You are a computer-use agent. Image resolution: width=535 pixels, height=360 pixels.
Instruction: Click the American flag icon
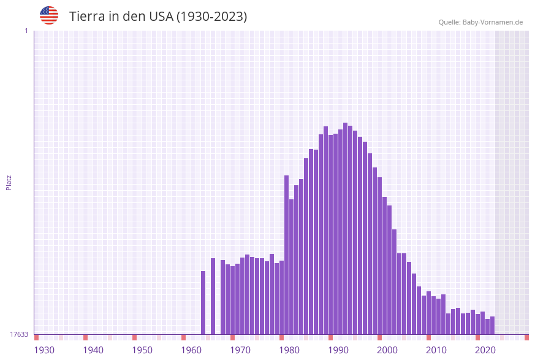pos(49,15)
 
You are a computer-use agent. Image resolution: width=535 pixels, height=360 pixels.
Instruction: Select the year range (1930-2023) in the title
pos(211,17)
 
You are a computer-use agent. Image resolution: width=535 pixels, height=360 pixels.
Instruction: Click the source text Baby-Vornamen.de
pos(492,22)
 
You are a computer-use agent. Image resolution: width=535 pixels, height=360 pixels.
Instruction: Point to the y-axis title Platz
pos(9,182)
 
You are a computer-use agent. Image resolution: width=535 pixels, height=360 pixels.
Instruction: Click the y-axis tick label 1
pos(26,31)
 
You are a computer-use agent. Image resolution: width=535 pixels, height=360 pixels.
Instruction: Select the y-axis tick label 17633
pos(19,334)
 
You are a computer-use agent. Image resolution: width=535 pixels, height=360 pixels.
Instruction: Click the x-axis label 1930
pos(44,350)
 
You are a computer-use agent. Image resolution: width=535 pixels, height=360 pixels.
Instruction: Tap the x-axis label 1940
pos(93,350)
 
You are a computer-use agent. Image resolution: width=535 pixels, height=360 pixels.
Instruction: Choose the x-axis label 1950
pos(142,350)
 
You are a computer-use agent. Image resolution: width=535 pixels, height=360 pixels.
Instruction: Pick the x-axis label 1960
pos(191,350)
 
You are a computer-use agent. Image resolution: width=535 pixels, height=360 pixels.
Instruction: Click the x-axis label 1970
pos(240,350)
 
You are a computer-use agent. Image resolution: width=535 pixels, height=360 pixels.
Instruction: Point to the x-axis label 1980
pos(289,350)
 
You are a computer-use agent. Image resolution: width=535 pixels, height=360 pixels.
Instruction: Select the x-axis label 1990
pos(338,350)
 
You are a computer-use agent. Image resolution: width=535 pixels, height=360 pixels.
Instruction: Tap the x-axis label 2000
pos(387,350)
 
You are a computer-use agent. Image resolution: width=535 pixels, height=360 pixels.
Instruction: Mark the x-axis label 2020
pos(485,350)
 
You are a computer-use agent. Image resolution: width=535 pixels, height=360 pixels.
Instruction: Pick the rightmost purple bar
pos(493,325)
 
